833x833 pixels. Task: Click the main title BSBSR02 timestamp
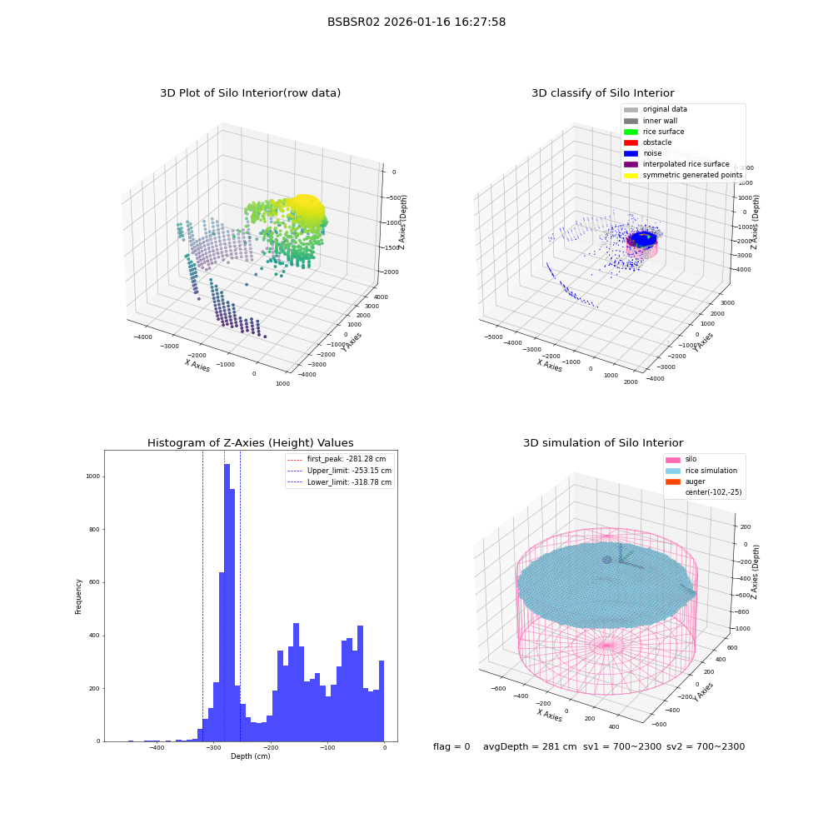tap(416, 22)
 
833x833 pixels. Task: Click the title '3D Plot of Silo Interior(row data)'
tap(250, 93)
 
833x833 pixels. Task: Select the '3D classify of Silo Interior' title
tap(603, 93)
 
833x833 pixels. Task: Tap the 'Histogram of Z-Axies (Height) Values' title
tap(250, 442)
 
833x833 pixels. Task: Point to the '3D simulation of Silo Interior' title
tap(603, 442)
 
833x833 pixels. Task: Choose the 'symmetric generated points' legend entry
tap(683, 175)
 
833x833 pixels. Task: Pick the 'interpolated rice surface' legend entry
tap(676, 164)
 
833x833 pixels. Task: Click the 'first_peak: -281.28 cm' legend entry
tap(337, 459)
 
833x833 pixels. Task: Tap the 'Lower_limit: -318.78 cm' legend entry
tap(340, 482)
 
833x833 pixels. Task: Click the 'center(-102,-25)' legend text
tap(714, 492)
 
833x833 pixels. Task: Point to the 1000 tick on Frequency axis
tap(93, 476)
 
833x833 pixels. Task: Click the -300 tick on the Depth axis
tap(213, 747)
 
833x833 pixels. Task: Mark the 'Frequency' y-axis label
tap(78, 596)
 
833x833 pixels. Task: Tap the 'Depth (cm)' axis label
tap(250, 756)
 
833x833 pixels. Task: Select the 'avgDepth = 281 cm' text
tap(530, 746)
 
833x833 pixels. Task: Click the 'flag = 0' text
tap(451, 746)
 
